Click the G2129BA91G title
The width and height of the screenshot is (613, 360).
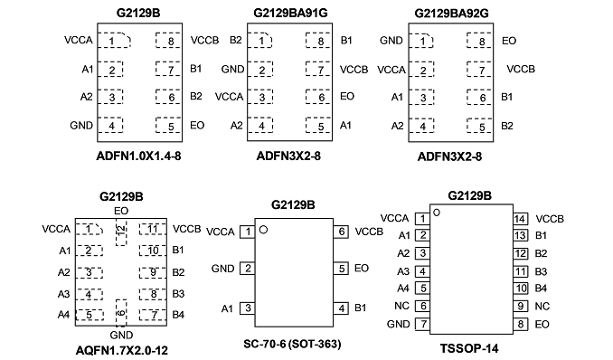click(x=290, y=13)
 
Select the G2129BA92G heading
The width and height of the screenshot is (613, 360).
click(x=451, y=14)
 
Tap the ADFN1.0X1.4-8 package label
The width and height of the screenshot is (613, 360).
click(x=139, y=156)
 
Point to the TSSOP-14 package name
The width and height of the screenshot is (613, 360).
click(x=469, y=348)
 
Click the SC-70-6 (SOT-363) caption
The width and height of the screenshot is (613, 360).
click(x=292, y=344)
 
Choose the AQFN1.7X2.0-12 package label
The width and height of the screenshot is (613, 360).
click(x=121, y=350)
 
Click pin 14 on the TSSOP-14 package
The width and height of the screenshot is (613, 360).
click(x=521, y=219)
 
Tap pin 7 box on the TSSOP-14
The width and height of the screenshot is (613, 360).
click(x=422, y=324)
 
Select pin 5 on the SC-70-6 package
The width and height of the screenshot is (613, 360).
click(x=341, y=269)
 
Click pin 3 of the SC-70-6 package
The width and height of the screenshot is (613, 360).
click(x=247, y=308)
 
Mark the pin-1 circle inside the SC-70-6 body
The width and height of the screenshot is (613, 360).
click(x=263, y=230)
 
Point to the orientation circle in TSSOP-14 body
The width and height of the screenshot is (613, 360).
click(x=437, y=213)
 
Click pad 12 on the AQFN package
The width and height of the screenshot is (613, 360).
click(x=121, y=232)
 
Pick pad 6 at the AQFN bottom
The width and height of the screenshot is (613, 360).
click(x=121, y=313)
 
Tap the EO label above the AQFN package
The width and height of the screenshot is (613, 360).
click(x=121, y=211)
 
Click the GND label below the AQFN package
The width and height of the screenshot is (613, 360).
click(x=121, y=336)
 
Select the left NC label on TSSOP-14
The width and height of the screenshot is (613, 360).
click(x=402, y=306)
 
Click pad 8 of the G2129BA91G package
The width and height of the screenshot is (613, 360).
click(x=318, y=41)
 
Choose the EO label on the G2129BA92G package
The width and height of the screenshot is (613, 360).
click(x=509, y=41)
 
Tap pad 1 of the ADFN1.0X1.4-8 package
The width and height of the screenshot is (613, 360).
click(x=114, y=41)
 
